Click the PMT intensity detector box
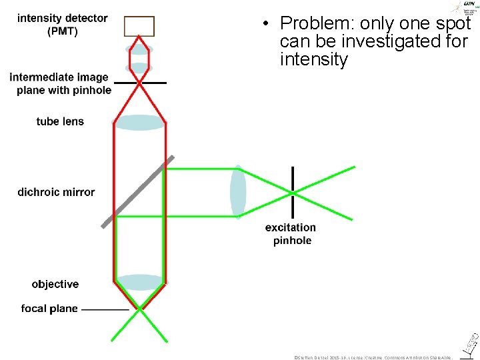[139, 27]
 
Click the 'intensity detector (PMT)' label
[62, 25]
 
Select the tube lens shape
[139, 123]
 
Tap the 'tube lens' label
[60, 121]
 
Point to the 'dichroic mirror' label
[56, 192]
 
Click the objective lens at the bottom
[139, 282]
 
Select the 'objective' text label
[55, 284]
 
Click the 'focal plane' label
[49, 309]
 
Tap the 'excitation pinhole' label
[291, 234]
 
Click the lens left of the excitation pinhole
[238, 191]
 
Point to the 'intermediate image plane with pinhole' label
[61, 83]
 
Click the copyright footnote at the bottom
[374, 357]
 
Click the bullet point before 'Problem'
[265, 25]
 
